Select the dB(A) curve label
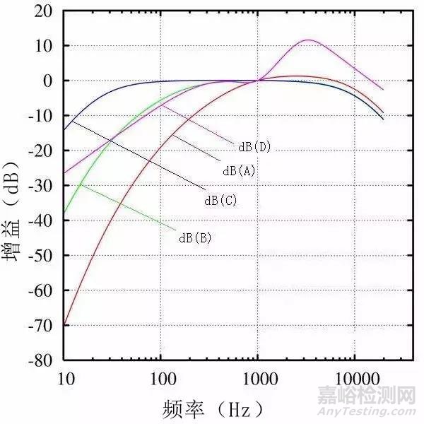(x=239, y=171)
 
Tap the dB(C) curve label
(x=220, y=201)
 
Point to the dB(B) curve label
(x=195, y=237)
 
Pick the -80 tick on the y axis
(x=40, y=360)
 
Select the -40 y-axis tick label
(x=40, y=220)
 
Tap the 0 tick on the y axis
(x=48, y=81)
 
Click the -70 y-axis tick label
(x=40, y=325)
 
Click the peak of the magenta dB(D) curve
(x=308, y=40)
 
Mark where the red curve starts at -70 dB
(x=65, y=324)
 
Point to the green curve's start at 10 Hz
(x=65, y=212)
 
